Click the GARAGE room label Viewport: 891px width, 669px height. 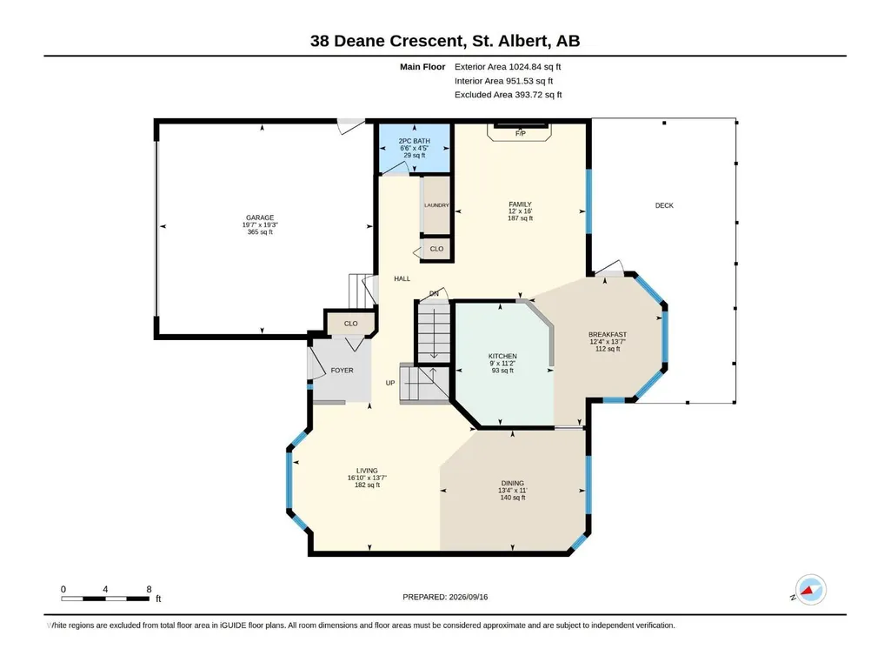pos(260,217)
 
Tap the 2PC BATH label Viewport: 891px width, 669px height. pos(415,141)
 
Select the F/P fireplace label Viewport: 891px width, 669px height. pos(521,134)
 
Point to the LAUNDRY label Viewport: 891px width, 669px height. pos(436,205)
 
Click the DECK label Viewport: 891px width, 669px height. pos(664,205)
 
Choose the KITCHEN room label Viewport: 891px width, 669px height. pos(503,356)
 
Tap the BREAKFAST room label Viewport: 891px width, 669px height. pos(608,334)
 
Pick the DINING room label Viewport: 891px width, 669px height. pos(513,483)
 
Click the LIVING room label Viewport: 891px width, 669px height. pos(367,471)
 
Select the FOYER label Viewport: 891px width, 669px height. pos(342,371)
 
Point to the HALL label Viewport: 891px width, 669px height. pos(402,278)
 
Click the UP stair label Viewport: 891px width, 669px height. pos(390,383)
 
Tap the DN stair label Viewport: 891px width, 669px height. pos(434,293)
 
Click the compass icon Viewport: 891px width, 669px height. pos(810,590)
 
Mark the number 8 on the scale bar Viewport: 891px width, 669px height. pos(149,589)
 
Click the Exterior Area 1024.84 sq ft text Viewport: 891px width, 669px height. pos(508,67)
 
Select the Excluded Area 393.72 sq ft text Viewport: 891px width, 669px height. pos(508,95)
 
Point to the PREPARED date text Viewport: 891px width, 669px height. pos(445,597)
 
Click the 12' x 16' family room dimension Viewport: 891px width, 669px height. pos(521,211)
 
